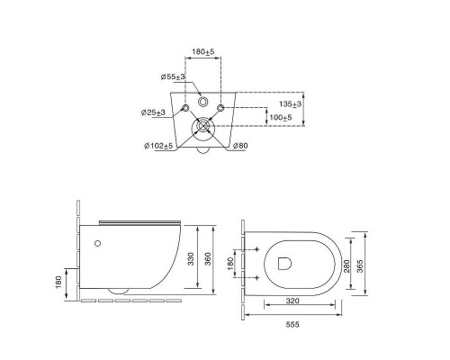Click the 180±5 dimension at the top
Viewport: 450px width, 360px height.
click(203, 51)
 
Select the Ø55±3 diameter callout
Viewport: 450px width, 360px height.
click(173, 76)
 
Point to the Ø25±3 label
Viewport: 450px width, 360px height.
click(153, 112)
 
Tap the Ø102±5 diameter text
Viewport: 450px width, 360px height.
click(158, 146)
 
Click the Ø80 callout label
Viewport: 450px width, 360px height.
click(240, 146)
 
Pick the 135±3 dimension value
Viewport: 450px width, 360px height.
click(290, 104)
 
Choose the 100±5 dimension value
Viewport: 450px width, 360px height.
click(281, 117)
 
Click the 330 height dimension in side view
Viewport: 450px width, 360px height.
click(191, 259)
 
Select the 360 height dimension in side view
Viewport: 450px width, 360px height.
click(208, 259)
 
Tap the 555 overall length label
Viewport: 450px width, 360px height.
click(292, 324)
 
